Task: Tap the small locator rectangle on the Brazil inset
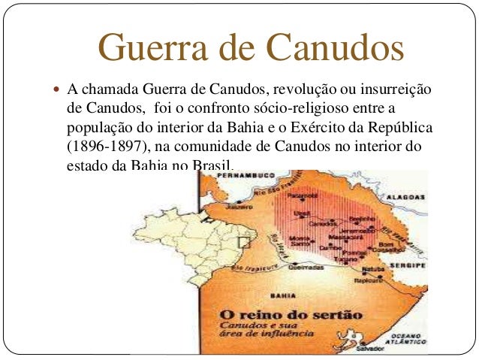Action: (243, 243)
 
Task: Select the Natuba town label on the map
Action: (372, 268)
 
